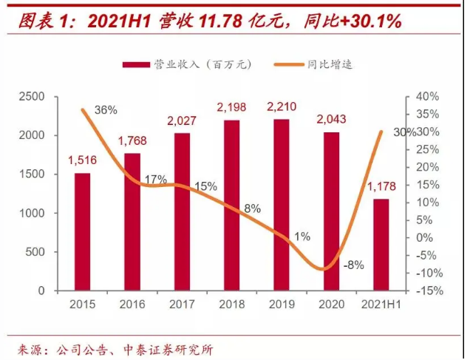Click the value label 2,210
click(x=282, y=108)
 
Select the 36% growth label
click(x=106, y=109)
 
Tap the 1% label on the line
click(x=302, y=237)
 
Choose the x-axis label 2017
click(x=182, y=304)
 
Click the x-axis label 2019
click(x=282, y=304)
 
